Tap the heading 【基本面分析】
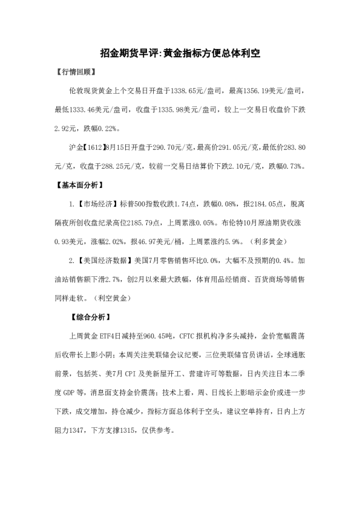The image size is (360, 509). (79, 184)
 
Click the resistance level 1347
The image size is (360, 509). (85, 432)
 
